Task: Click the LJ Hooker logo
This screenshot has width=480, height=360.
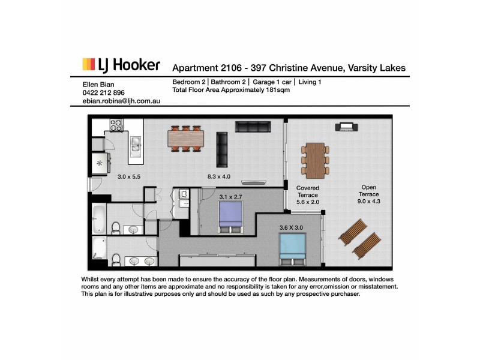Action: [x=121, y=65]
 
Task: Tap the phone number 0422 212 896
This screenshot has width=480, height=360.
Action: [x=104, y=93]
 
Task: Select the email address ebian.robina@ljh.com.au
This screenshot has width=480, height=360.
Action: [x=121, y=101]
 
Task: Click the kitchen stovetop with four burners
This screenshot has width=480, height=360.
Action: [x=115, y=126]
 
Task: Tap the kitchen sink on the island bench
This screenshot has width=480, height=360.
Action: [x=136, y=146]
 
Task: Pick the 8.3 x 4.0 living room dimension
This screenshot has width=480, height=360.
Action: [x=218, y=176]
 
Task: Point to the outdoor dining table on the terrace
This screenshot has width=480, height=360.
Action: [x=314, y=158]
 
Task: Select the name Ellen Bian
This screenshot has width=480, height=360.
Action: [x=98, y=85]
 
